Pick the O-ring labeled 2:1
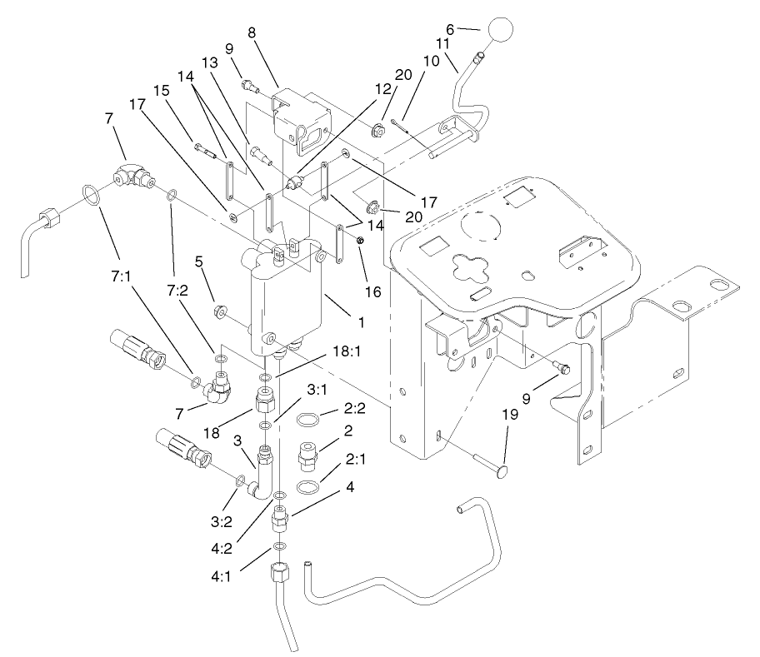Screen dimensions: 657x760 pyautogui.click(x=307, y=485)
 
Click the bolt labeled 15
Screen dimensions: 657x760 pyautogui.click(x=208, y=150)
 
